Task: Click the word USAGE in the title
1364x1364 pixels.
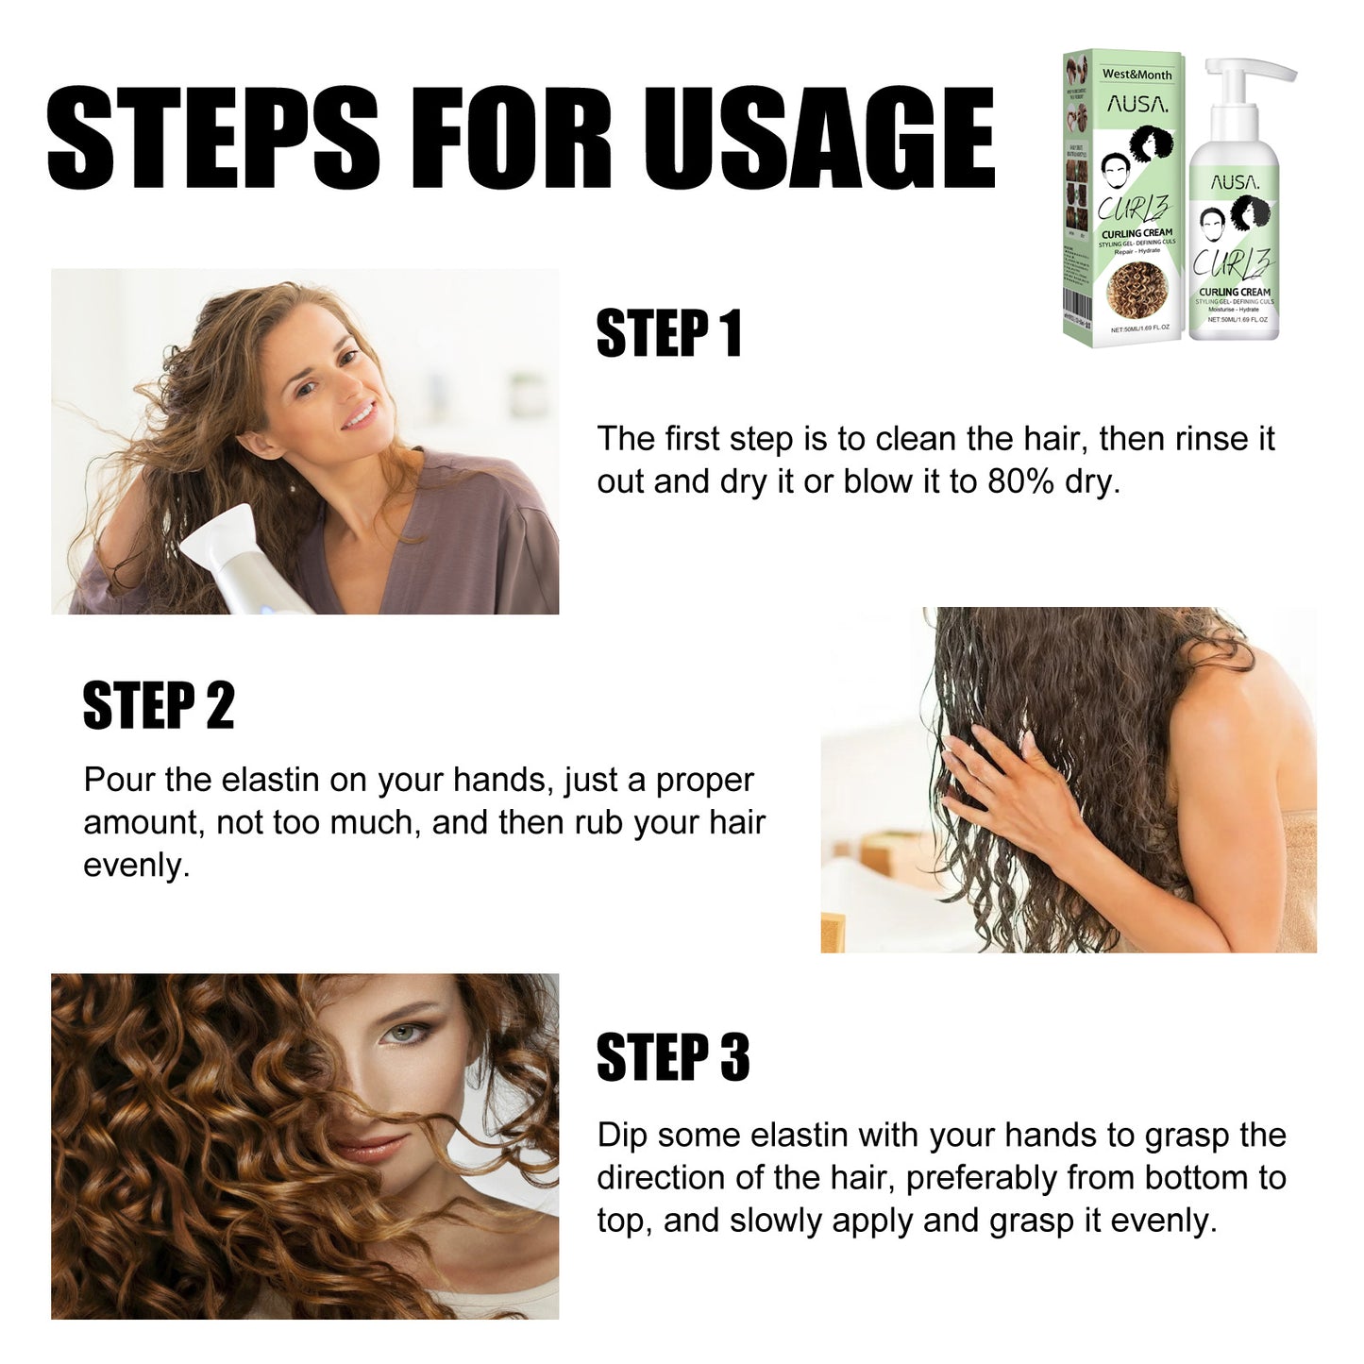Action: pyautogui.click(x=819, y=138)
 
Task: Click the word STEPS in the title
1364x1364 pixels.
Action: pyautogui.click(x=212, y=138)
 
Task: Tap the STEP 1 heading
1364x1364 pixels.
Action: pyautogui.click(x=668, y=333)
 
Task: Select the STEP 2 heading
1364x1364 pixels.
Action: pyautogui.click(x=159, y=705)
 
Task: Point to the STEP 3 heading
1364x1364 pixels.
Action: pyautogui.click(x=672, y=1057)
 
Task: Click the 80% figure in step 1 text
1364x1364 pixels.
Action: pyautogui.click(x=1019, y=481)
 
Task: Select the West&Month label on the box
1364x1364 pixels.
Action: pyautogui.click(x=1137, y=74)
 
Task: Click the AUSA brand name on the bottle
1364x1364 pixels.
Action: pyautogui.click(x=1234, y=182)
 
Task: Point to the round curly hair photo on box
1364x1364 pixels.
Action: pyautogui.click(x=1137, y=290)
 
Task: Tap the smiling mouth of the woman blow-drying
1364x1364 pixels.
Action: pyautogui.click(x=359, y=416)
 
